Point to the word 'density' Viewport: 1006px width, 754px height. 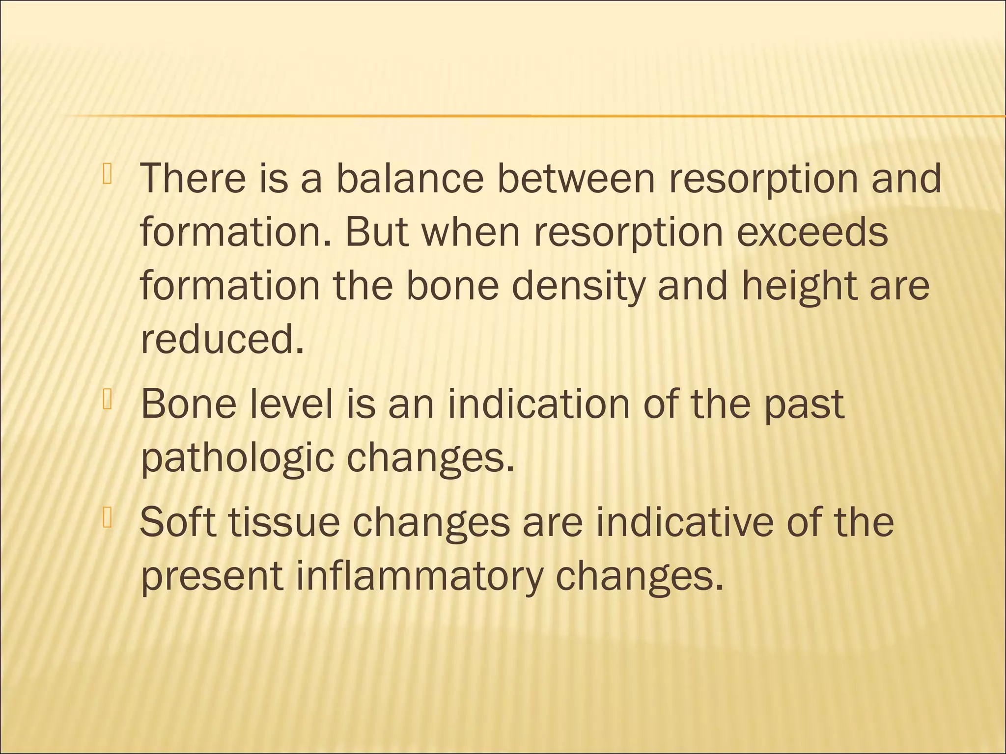[578, 287]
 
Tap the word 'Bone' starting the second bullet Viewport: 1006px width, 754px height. [188, 404]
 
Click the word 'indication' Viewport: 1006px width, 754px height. [538, 404]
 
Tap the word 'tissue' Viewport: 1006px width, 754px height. [284, 522]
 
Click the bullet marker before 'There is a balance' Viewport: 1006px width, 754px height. [108, 176]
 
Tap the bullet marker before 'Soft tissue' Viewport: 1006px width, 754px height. [108, 518]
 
